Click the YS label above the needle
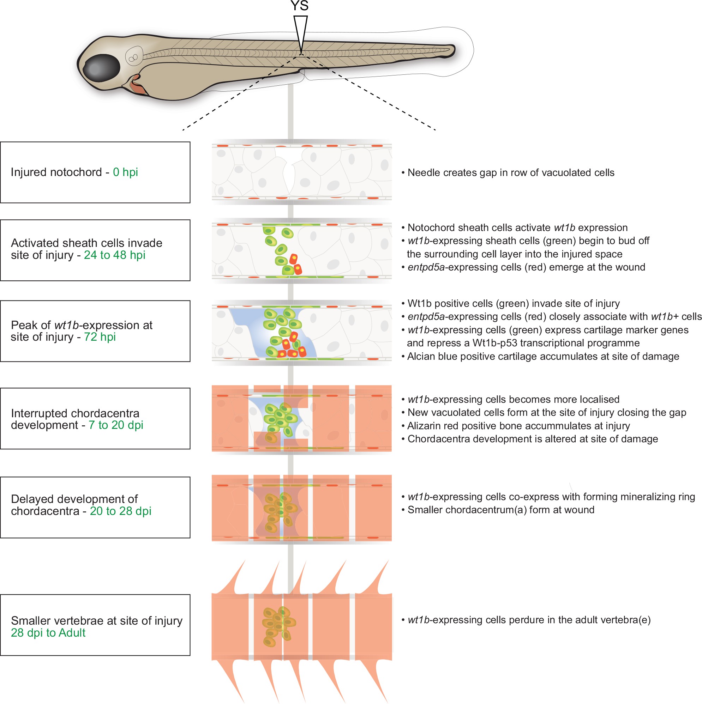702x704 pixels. pyautogui.click(x=299, y=6)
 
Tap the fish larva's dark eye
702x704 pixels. pyautogui.click(x=102, y=68)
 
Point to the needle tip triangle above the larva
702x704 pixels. pyautogui.click(x=300, y=33)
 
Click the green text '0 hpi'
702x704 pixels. pyautogui.click(x=125, y=172)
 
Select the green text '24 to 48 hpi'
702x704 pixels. pyautogui.click(x=114, y=255)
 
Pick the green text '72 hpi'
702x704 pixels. pyautogui.click(x=100, y=337)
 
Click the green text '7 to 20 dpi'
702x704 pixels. pyautogui.click(x=116, y=425)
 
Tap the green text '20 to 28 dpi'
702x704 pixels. pyautogui.click(x=120, y=511)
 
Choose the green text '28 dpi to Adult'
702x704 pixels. pyautogui.click(x=48, y=633)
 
